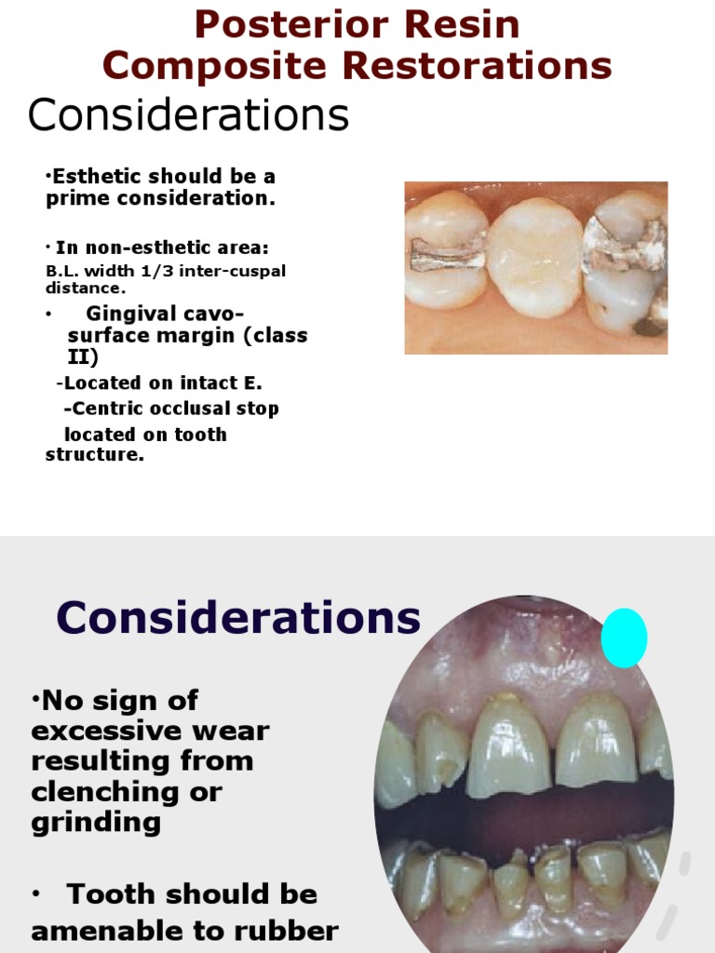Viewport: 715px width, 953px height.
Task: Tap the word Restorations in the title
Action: tap(477, 65)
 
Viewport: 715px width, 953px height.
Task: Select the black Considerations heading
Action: tap(188, 114)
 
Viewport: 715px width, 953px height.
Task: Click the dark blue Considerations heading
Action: tap(237, 617)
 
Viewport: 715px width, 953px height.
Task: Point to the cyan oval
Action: tap(624, 638)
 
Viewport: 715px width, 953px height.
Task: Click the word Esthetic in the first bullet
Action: tap(97, 176)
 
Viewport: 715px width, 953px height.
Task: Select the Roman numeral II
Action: tap(82, 356)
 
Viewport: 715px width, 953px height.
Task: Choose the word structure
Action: tap(95, 454)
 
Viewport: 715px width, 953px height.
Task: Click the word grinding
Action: tap(96, 823)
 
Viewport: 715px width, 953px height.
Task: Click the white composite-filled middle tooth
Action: tap(535, 257)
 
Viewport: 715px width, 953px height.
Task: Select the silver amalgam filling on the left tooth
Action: tap(448, 254)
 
